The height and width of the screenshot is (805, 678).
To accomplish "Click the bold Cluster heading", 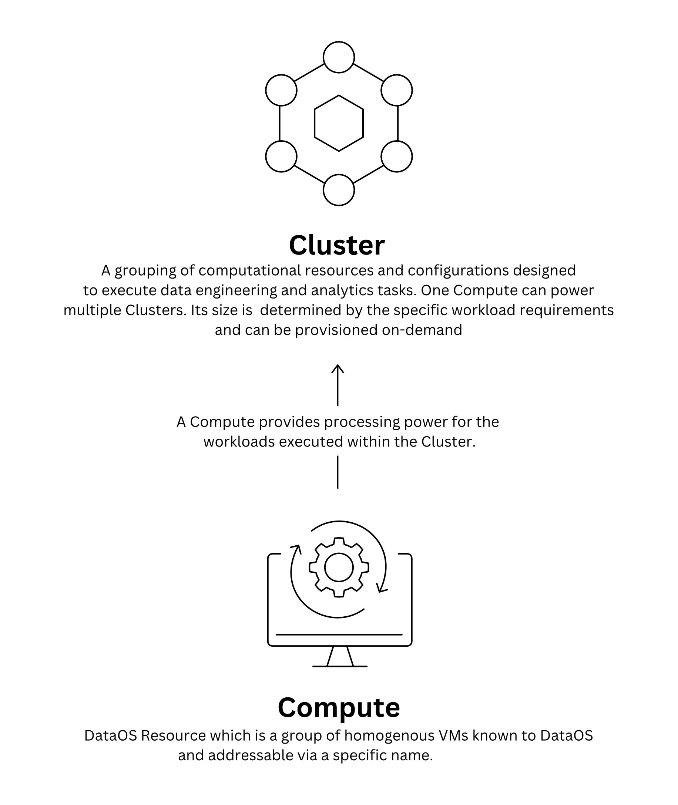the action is point(337,245).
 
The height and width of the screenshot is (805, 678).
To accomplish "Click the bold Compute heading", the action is point(339,707).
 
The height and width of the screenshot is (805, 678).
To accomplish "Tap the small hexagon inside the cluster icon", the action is point(339,123).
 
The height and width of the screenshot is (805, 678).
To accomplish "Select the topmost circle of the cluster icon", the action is point(339,57).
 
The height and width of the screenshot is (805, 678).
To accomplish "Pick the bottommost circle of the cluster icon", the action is point(339,190).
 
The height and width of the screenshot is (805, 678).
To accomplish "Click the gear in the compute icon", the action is point(339,567).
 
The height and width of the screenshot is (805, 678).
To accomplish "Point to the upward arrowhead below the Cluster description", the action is point(338,369).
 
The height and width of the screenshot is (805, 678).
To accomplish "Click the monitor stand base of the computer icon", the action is point(340,666).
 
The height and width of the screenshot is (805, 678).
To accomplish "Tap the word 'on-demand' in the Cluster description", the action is point(422,330).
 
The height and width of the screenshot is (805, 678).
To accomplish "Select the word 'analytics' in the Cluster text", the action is point(342,290).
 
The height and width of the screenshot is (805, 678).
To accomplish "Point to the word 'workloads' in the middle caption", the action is point(239,442).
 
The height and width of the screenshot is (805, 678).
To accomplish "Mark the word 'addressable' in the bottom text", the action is point(251,755).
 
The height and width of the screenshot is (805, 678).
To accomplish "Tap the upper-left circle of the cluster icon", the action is point(281,90).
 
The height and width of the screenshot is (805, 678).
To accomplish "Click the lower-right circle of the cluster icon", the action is point(397,156).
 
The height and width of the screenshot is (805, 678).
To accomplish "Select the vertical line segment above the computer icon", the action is point(338,472).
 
